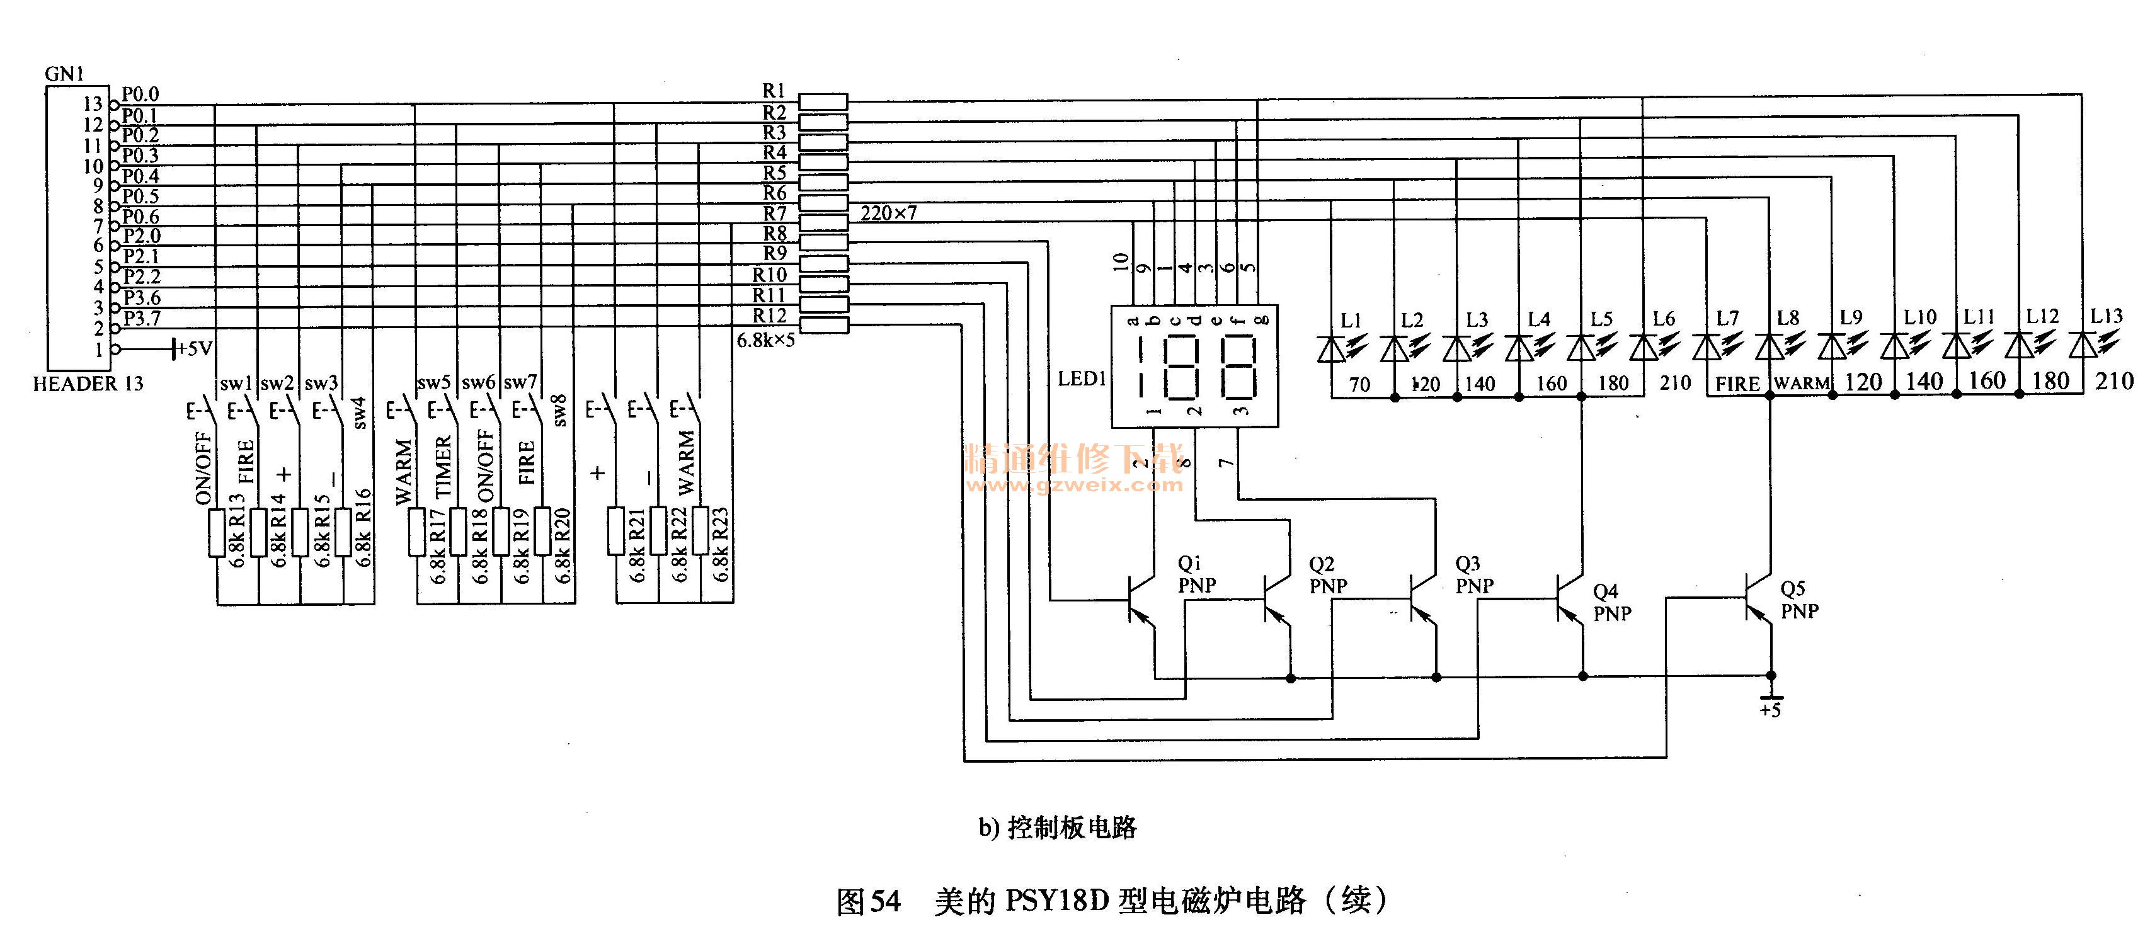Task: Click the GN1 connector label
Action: tap(64, 74)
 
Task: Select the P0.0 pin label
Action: tap(140, 93)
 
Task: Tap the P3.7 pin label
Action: tap(142, 318)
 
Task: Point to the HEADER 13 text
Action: tap(88, 384)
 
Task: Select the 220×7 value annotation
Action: tap(888, 214)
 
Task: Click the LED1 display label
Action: tap(1082, 379)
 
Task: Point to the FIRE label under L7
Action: tap(1737, 384)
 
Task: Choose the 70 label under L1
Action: tap(1359, 384)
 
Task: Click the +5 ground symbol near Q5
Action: tap(1770, 701)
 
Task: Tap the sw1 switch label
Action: tap(236, 383)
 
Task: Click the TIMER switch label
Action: tap(443, 467)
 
